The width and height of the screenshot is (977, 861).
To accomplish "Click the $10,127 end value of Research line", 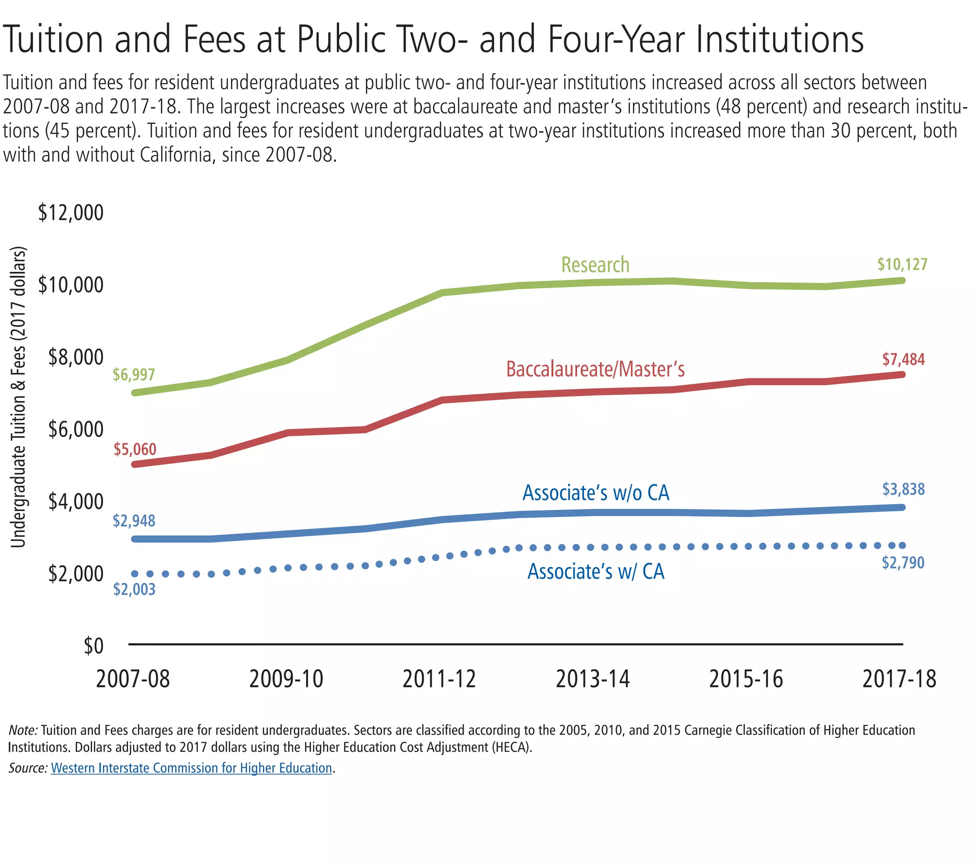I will point(902,264).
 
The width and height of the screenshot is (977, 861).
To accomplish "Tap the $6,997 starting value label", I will point(134,374).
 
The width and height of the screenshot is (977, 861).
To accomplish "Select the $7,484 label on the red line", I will point(904,359).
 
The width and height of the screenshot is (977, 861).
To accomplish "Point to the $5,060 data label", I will point(135,449).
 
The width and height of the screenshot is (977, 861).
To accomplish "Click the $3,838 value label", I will point(904,489).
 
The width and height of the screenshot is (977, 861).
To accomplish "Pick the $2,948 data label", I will point(134,520).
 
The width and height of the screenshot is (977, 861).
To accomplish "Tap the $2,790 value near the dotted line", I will point(903,563).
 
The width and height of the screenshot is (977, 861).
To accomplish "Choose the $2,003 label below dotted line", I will point(135,589).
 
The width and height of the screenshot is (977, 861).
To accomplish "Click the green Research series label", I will point(595,265).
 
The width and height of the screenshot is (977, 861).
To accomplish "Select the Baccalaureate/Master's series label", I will point(595,369).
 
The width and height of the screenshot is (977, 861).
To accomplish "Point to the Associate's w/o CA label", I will point(595,493).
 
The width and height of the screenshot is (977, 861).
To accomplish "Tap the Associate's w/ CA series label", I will point(595,571).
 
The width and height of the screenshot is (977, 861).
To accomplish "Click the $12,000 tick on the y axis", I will point(71,213).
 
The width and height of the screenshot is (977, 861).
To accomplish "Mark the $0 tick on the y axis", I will point(94,646).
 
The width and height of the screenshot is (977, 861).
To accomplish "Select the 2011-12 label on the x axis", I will point(439,679).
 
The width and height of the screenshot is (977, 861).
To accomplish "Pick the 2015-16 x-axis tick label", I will point(746,679).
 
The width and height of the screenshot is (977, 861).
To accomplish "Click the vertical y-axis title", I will point(18,397).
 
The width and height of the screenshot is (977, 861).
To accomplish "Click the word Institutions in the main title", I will point(779,39).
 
